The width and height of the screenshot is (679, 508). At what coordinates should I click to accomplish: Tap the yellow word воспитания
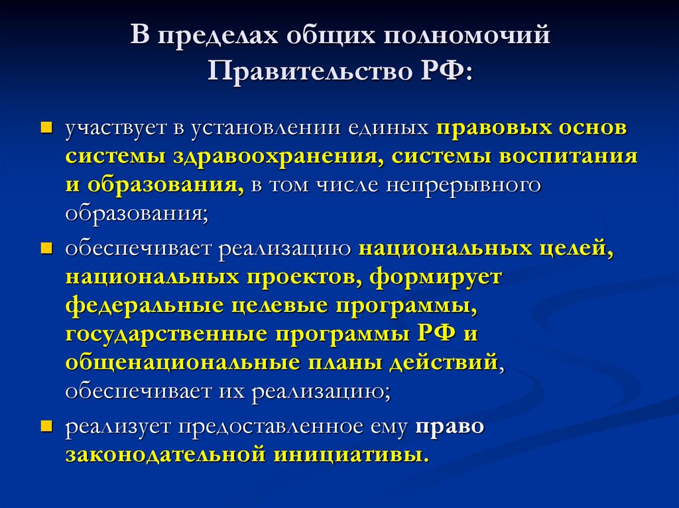click(x=574, y=156)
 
